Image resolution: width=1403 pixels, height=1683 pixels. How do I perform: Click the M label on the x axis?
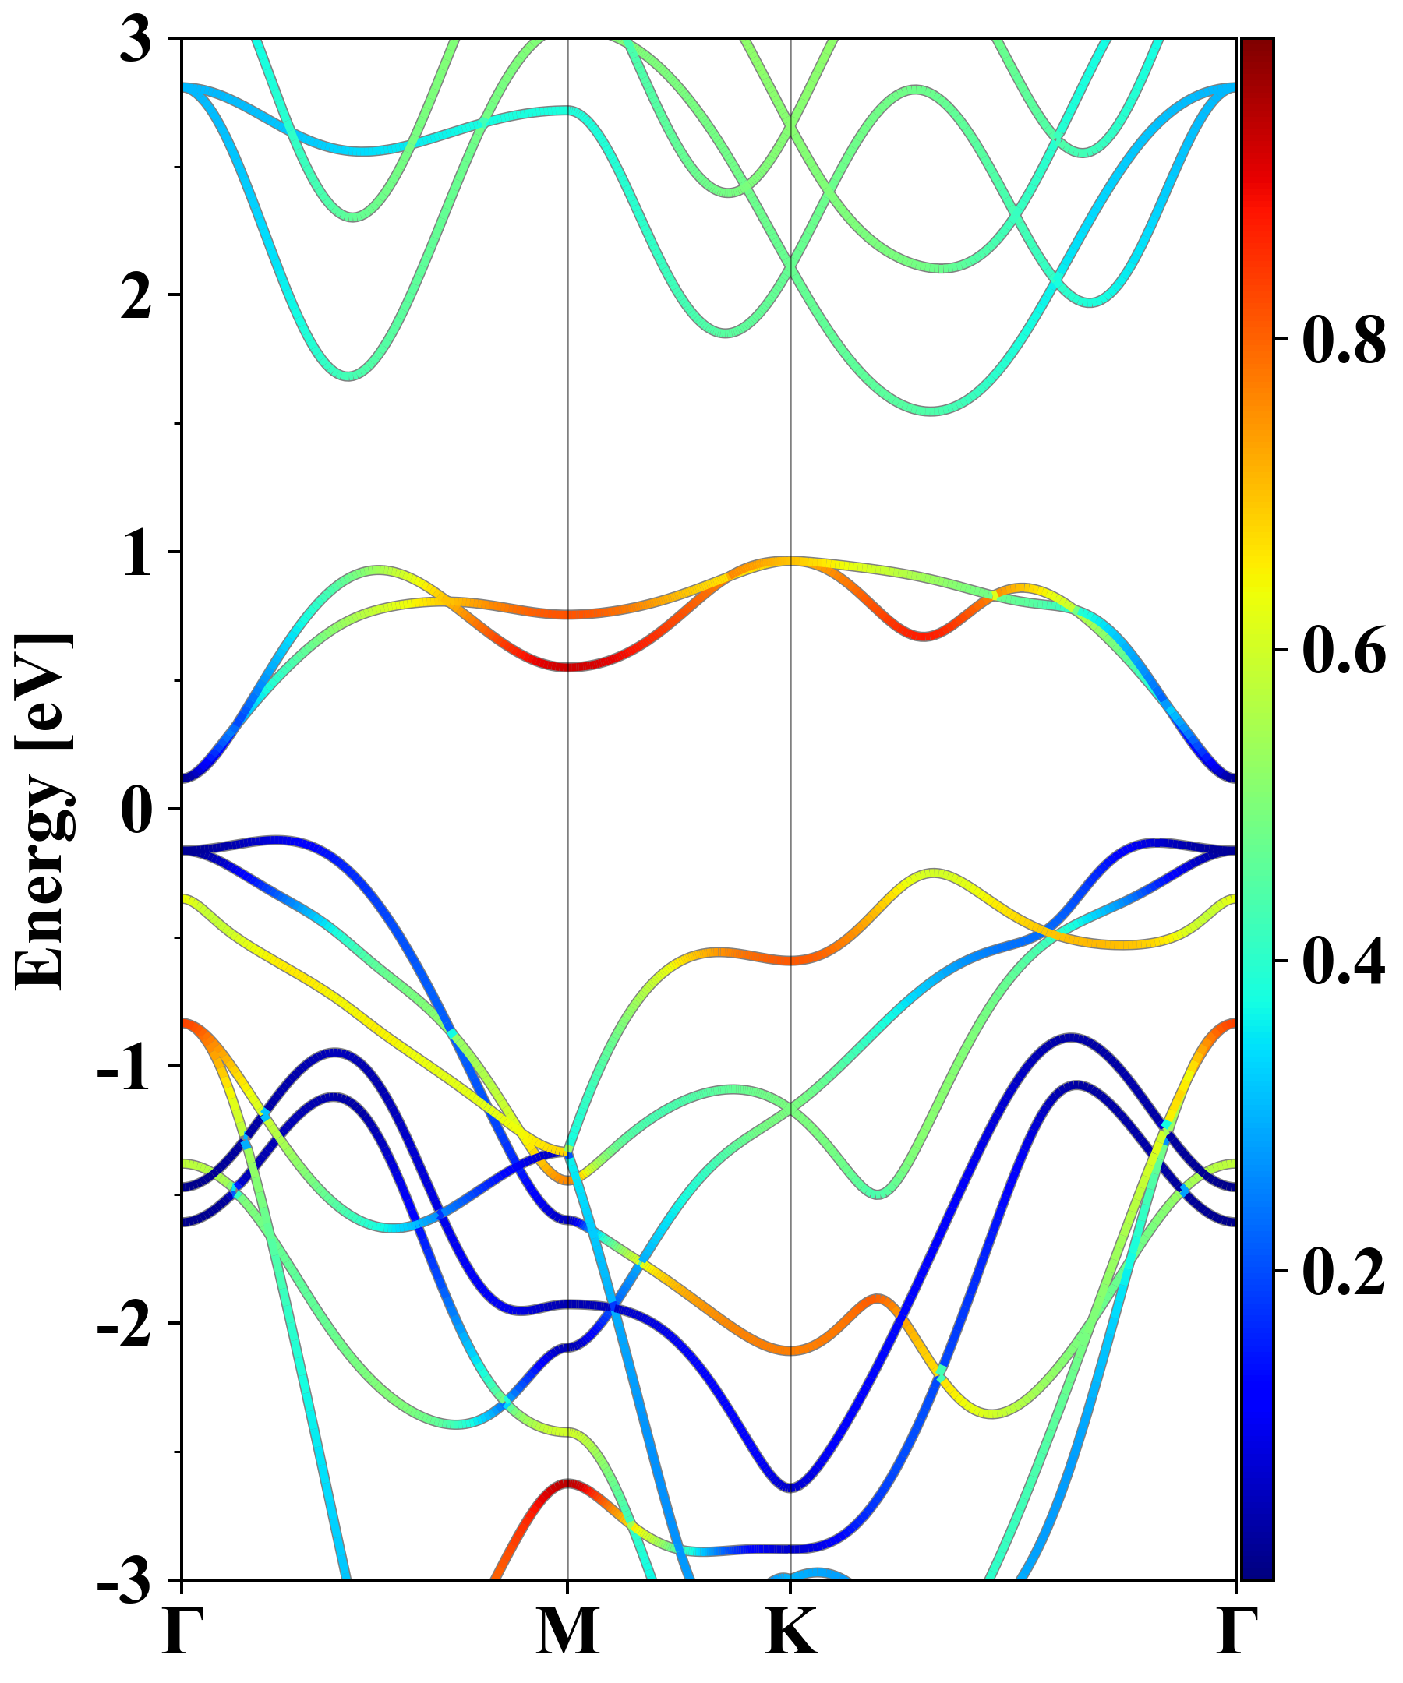[567, 1632]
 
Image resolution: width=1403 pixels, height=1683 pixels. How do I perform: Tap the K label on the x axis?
[791, 1632]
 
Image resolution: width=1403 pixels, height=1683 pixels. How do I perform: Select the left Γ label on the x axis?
[181, 1632]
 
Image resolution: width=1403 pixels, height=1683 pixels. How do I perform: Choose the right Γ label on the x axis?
[1235, 1632]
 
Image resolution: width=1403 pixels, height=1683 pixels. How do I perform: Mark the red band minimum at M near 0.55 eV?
[567, 666]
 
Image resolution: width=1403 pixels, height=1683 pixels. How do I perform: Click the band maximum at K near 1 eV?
[791, 560]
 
